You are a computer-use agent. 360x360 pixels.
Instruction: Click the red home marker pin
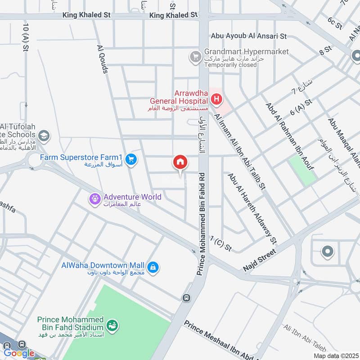(180, 162)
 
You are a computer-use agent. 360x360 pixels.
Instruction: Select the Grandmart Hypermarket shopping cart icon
(195, 57)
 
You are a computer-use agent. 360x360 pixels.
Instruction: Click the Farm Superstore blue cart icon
(131, 159)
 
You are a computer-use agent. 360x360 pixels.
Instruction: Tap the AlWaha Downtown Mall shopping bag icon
(153, 267)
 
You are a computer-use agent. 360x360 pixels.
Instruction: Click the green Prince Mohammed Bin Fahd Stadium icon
(111, 324)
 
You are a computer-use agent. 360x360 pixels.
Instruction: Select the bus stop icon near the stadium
(185, 298)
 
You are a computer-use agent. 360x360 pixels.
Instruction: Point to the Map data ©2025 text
(335, 356)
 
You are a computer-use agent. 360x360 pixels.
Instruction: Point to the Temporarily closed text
(230, 65)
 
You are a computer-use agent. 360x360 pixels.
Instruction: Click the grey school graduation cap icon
(44, 135)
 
